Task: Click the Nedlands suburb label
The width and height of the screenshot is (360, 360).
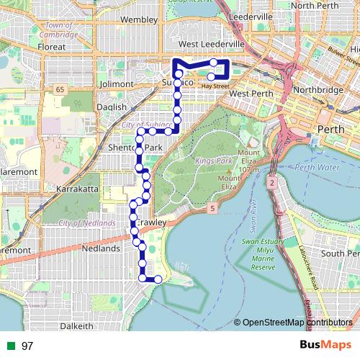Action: [102, 248]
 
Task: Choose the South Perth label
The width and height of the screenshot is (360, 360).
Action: [341, 253]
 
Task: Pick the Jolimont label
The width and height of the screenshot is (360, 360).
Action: [118, 84]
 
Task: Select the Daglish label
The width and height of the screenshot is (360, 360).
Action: [111, 107]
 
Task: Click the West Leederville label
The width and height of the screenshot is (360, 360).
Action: [215, 45]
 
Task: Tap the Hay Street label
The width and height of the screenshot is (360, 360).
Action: [215, 86]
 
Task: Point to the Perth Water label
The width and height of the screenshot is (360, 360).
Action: [317, 167]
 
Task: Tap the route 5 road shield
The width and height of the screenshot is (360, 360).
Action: [213, 208]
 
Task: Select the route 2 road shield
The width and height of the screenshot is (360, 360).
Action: [272, 184]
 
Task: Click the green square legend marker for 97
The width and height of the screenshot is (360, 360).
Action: [11, 346]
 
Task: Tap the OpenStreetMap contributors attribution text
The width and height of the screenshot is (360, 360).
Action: [297, 322]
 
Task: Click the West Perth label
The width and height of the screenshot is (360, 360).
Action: [249, 94]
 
